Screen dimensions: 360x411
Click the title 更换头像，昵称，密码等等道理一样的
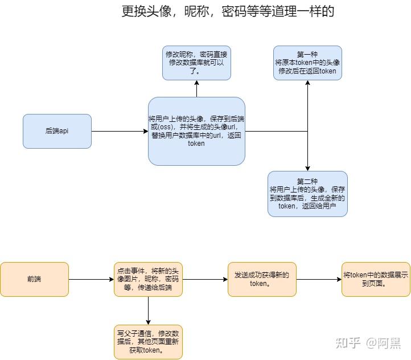[x=228, y=11]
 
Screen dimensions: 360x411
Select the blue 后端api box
[x=57, y=131]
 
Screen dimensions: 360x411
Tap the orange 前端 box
[x=34, y=279]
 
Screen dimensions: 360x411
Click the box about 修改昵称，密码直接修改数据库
[x=196, y=63]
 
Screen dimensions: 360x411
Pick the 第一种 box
[x=307, y=63]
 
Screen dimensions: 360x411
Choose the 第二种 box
[x=307, y=194]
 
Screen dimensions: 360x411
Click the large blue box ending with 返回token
[x=196, y=131]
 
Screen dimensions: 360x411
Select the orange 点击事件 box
[x=148, y=279]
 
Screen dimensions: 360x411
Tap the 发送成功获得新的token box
[x=262, y=279]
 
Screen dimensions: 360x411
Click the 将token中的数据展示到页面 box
[x=376, y=279]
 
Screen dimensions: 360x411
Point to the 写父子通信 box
[x=148, y=342]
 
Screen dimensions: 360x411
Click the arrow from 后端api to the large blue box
[x=120, y=132]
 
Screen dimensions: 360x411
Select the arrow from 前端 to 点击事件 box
[x=91, y=280]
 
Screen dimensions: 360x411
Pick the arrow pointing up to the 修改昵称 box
[x=196, y=88]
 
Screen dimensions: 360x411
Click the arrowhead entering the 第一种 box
[x=307, y=83]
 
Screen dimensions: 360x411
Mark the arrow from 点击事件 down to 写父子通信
[x=148, y=310]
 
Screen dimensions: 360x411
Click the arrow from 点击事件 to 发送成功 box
[x=205, y=280]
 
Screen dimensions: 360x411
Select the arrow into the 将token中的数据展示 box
[x=319, y=280]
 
